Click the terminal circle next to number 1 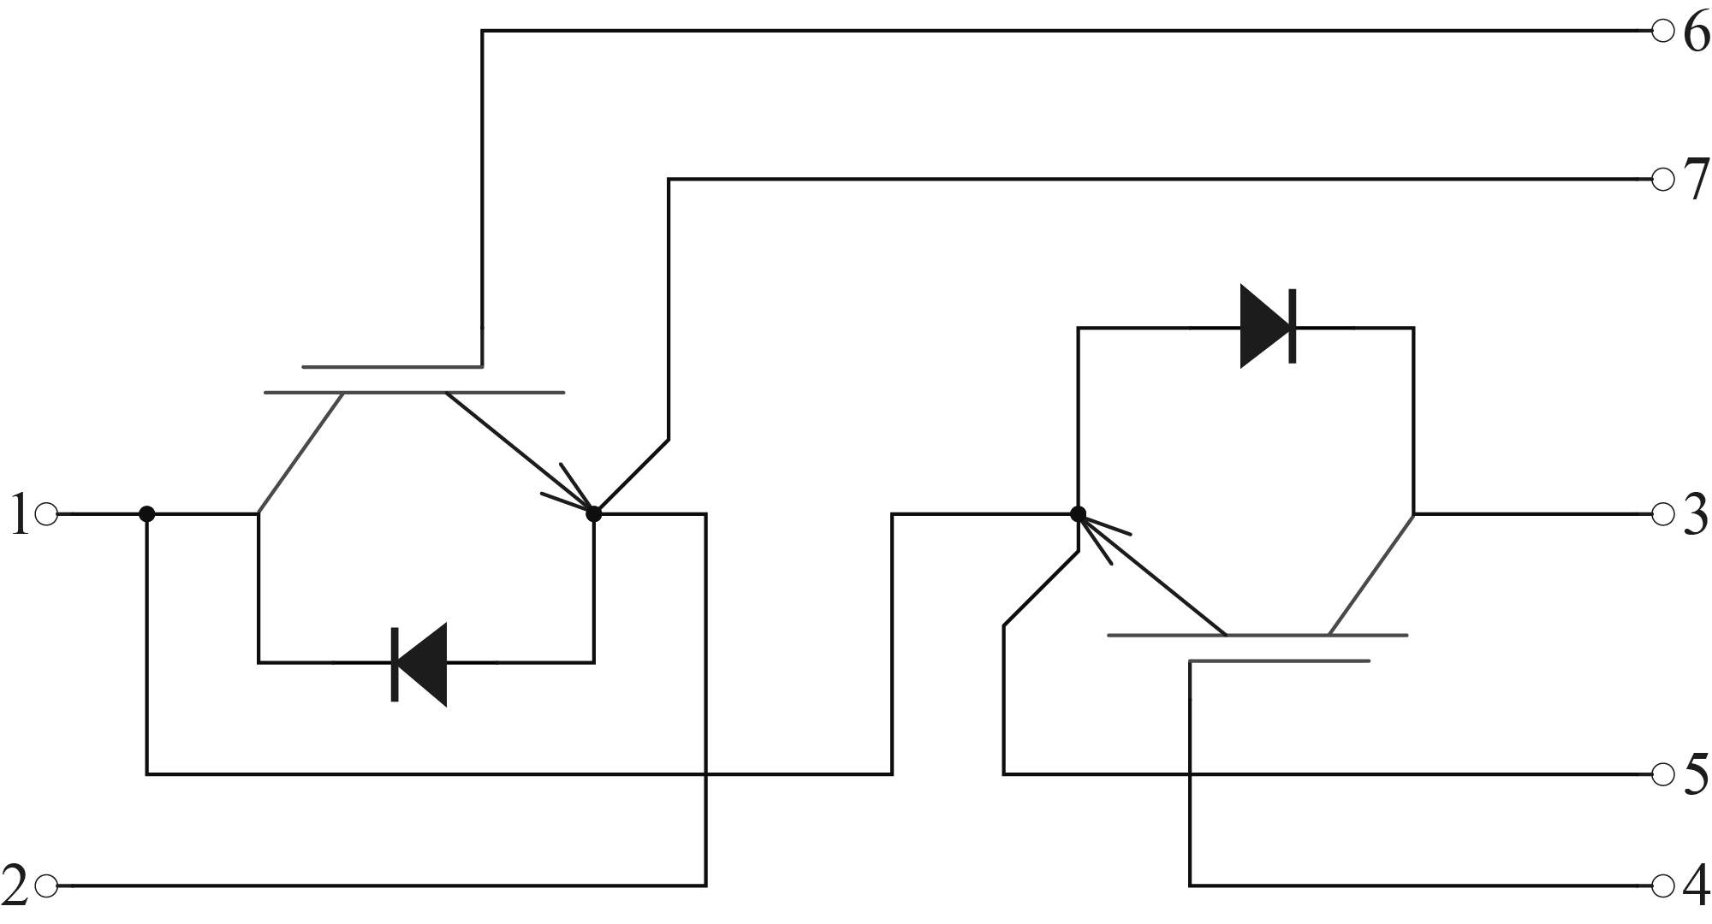point(47,514)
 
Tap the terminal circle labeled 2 point(47,885)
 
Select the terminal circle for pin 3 point(1662,514)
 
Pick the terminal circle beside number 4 point(1662,885)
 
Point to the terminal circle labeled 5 point(1662,774)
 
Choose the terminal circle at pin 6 point(1662,32)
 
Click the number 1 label point(19,516)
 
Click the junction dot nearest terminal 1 point(147,514)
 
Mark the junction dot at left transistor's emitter point(594,514)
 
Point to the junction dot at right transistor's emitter point(1079,514)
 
